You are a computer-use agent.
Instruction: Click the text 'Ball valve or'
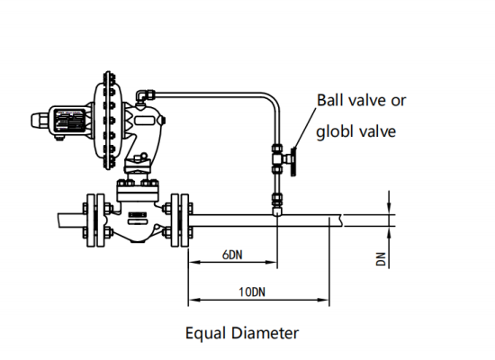click(x=360, y=100)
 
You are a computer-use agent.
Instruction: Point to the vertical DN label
click(x=382, y=259)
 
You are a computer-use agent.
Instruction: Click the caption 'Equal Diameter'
click(x=241, y=333)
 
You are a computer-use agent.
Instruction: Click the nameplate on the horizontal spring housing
click(x=67, y=119)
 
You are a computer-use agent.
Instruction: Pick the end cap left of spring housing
click(x=37, y=119)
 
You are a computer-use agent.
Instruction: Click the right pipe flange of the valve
click(x=180, y=219)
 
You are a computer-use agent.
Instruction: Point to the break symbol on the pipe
click(x=341, y=218)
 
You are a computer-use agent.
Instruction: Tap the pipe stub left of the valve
click(x=67, y=219)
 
